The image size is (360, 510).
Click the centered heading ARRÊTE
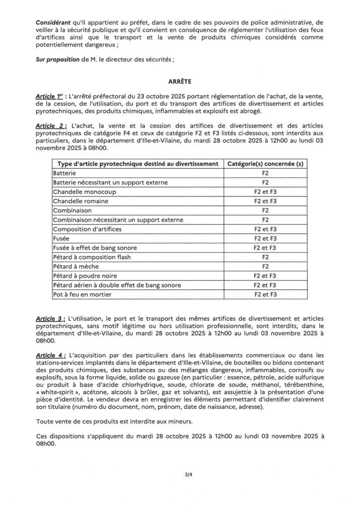click(180, 82)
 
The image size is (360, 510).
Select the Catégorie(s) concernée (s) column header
click(265, 164)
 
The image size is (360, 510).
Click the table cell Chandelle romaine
click(81, 201)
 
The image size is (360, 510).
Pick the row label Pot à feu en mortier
click(82, 294)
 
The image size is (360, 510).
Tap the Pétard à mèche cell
click(76, 266)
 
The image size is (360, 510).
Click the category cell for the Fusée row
click(265, 239)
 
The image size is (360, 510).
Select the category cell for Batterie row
click(265, 173)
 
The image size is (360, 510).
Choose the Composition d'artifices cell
click(87, 229)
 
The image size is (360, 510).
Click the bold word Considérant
click(53, 22)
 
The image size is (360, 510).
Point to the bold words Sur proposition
click(57, 60)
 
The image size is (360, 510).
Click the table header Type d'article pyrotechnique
click(138, 164)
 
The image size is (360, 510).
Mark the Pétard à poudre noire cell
click(85, 276)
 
